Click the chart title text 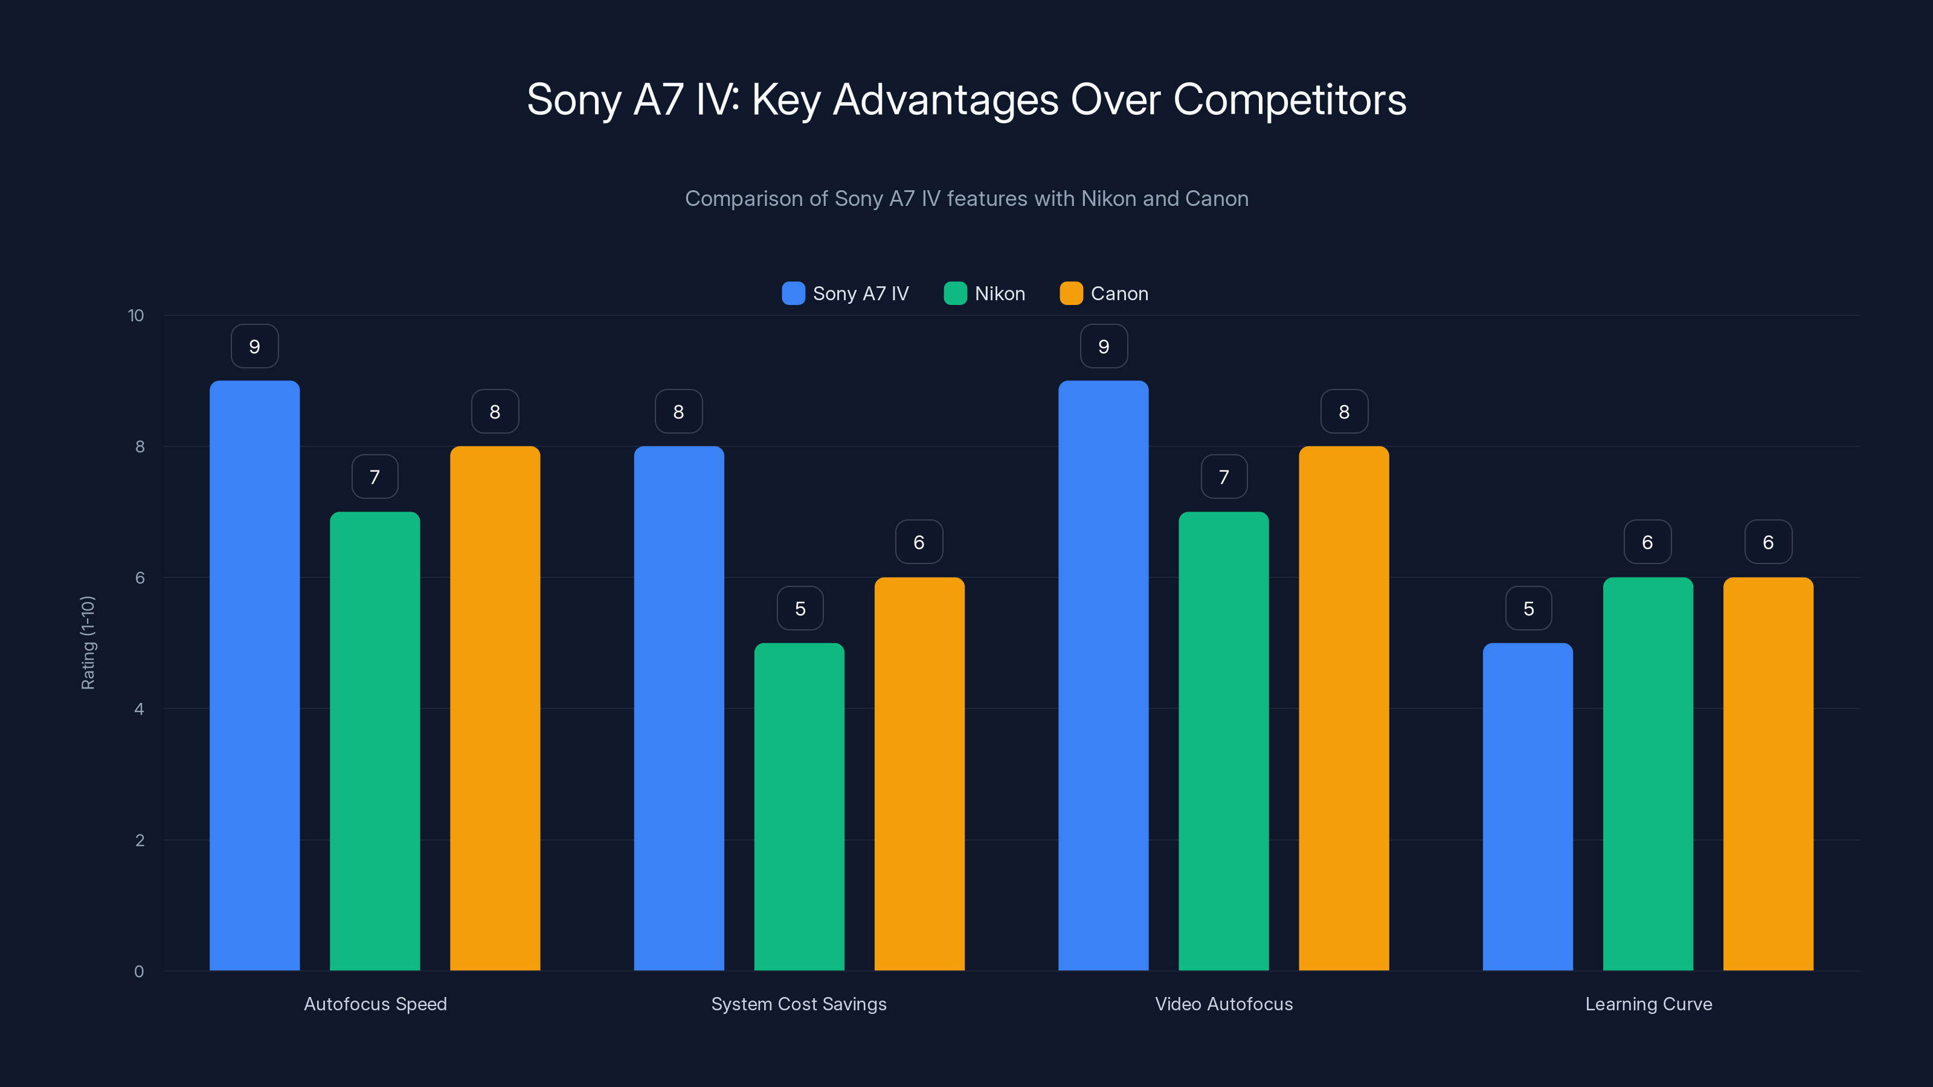[966, 100]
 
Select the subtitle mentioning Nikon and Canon [966, 199]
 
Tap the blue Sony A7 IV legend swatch [793, 293]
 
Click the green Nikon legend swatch [954, 293]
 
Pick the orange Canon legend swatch [1071, 293]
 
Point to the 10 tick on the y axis [136, 316]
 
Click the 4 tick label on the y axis [139, 709]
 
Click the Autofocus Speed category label [375, 1004]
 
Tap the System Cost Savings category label [799, 1004]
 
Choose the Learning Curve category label [1648, 1004]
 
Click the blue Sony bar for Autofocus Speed [254, 675]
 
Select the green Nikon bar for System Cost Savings [799, 806]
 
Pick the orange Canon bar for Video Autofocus [1343, 709]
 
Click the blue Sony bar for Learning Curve [1528, 806]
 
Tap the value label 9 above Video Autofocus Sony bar [1103, 347]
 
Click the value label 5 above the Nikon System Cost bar [800, 608]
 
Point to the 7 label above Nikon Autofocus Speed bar [375, 477]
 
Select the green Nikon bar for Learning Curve [1648, 773]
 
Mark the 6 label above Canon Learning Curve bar [1768, 542]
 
